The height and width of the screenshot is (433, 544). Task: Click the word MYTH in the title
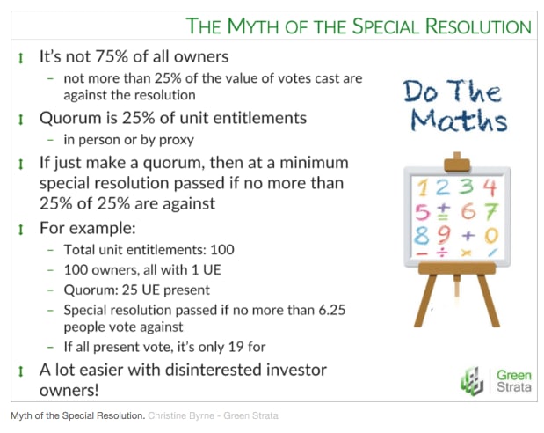[x=253, y=26]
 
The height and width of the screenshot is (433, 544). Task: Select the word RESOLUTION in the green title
[x=478, y=26]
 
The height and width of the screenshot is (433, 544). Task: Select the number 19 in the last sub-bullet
[x=236, y=347]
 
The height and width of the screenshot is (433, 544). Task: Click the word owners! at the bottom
[x=69, y=390]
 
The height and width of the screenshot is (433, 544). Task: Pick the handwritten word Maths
[x=459, y=121]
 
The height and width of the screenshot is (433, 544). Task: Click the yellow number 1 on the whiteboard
[x=423, y=187]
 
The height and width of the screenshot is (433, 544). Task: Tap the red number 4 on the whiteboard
[x=490, y=187]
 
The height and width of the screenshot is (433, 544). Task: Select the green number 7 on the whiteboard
[x=492, y=211]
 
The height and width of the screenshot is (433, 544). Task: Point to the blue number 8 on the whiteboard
[x=422, y=235]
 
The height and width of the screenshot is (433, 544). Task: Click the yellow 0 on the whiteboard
[x=491, y=235]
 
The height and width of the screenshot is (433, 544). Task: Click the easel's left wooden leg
[x=425, y=300]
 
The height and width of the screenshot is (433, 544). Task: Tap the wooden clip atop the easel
[x=457, y=162]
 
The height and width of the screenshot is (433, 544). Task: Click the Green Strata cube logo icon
[x=472, y=381]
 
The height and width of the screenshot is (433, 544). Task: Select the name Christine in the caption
[x=163, y=415]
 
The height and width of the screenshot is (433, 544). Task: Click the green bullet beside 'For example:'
[x=21, y=229]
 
